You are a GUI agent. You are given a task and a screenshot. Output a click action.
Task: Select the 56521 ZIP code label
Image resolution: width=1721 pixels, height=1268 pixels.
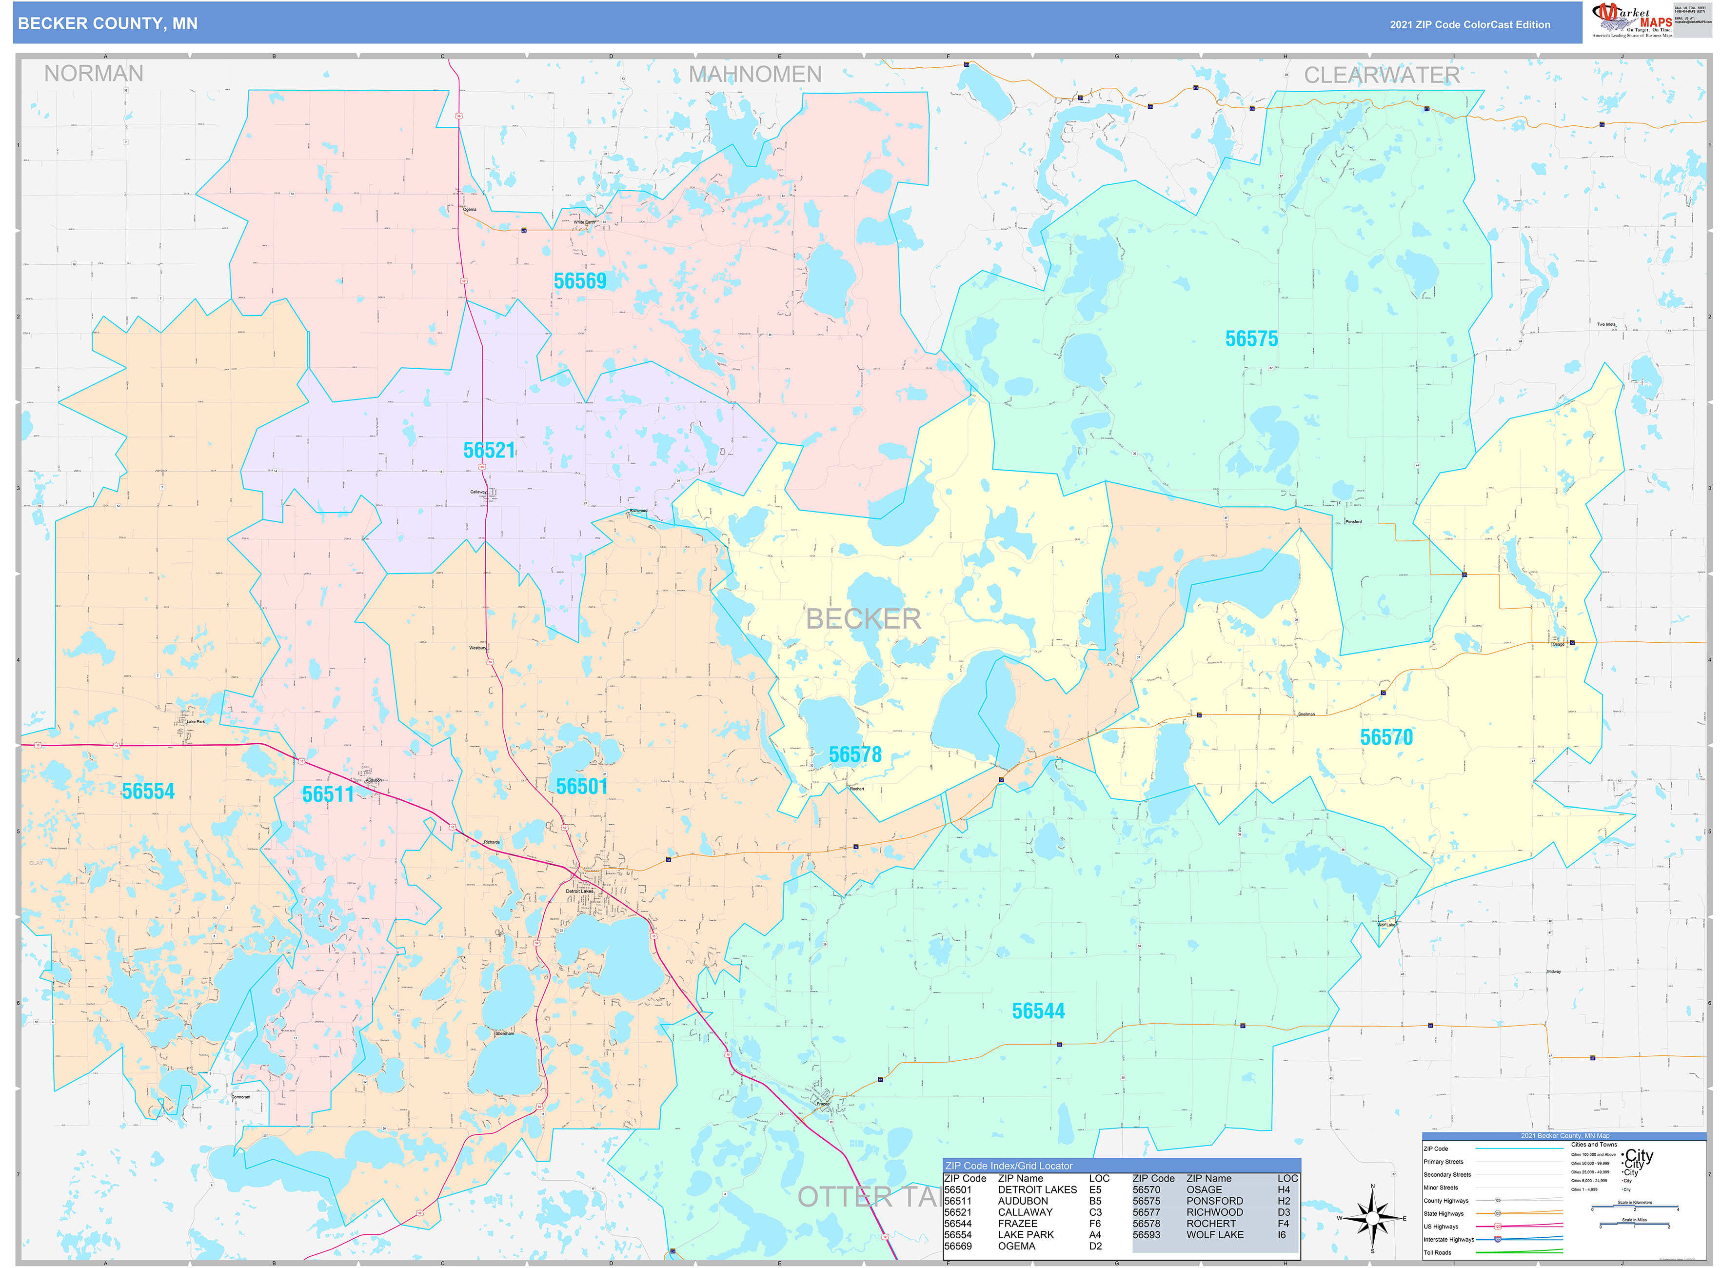pyautogui.click(x=489, y=451)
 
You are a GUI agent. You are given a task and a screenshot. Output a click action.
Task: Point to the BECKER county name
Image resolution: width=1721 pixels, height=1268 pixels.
pyautogui.click(x=863, y=619)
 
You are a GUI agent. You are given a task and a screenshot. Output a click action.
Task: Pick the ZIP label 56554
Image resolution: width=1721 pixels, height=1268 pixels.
pyautogui.click(x=148, y=792)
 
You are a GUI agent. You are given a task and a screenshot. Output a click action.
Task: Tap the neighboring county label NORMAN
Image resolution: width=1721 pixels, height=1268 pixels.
pyautogui.click(x=94, y=74)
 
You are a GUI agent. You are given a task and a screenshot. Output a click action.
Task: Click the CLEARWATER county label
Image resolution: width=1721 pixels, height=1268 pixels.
pyautogui.click(x=1381, y=75)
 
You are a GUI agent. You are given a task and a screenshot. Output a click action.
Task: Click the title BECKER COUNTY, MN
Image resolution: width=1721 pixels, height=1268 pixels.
pyautogui.click(x=107, y=24)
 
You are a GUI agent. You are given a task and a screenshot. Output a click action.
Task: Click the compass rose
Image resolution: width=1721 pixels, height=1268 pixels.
pyautogui.click(x=1372, y=1218)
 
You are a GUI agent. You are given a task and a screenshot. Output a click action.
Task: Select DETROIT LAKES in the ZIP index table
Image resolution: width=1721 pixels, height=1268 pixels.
pyautogui.click(x=1037, y=1189)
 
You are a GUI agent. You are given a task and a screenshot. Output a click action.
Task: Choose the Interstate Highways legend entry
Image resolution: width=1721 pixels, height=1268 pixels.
pyautogui.click(x=1448, y=1240)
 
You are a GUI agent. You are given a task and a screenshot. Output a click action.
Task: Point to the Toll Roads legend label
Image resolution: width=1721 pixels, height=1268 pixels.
pyautogui.click(x=1437, y=1253)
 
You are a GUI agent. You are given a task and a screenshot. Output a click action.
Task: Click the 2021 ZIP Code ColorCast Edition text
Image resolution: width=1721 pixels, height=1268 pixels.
pyautogui.click(x=1469, y=24)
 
